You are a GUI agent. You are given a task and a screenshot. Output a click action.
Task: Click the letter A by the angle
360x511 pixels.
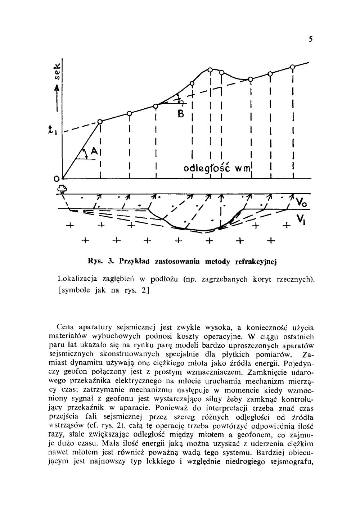click(x=93, y=152)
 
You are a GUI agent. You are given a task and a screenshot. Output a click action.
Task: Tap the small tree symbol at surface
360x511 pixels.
click(x=62, y=189)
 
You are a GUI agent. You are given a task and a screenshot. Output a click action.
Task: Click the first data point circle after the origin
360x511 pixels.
click(x=100, y=121)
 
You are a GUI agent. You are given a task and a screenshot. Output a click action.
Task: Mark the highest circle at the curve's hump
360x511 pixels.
click(x=211, y=69)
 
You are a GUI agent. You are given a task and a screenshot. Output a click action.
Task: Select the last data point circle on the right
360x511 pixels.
click(x=292, y=67)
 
